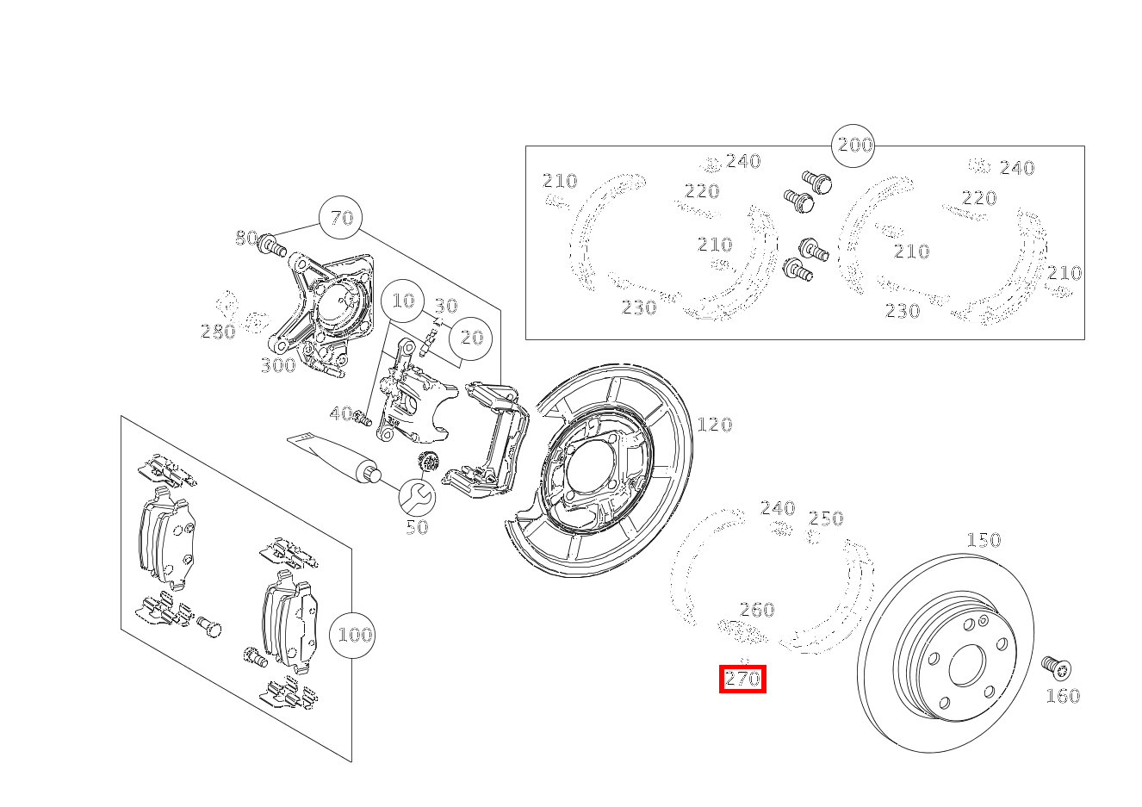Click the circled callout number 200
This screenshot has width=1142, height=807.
coord(853,146)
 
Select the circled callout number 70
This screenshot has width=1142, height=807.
coord(340,218)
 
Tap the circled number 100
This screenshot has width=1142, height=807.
coord(352,636)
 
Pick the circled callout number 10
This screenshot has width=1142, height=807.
coord(403,301)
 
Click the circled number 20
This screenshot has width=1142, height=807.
coord(470,338)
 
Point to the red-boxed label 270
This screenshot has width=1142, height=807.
coord(742,679)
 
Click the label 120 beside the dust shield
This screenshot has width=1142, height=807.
coord(714,425)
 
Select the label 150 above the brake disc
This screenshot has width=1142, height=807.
coord(984,540)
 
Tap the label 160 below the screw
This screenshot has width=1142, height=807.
coord(1063,697)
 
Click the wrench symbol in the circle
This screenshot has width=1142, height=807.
coord(417,498)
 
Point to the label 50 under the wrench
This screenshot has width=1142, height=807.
coord(417,527)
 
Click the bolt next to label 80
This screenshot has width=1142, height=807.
coord(272,245)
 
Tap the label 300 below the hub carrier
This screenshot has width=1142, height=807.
coord(278,365)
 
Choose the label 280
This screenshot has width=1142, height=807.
coord(218,332)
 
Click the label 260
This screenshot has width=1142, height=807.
coord(757,610)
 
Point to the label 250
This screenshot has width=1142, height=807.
coord(826,518)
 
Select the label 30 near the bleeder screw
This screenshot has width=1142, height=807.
coord(446,306)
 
